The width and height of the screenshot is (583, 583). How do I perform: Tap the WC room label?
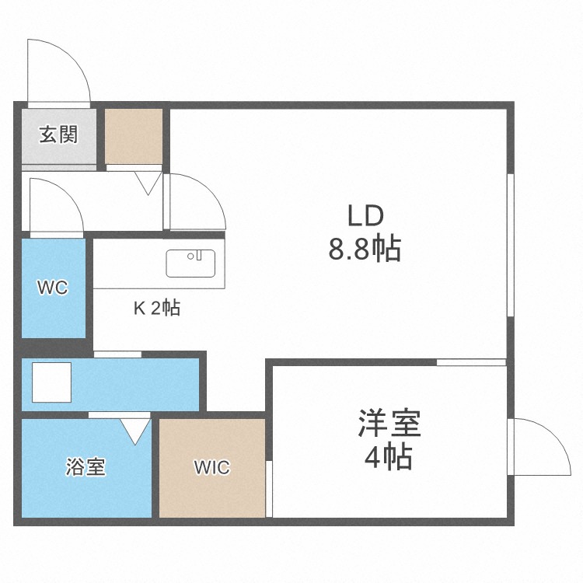pyautogui.click(x=53, y=288)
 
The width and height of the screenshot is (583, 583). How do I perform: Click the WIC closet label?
pyautogui.click(x=211, y=467)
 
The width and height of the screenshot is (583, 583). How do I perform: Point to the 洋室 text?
pyautogui.click(x=389, y=424)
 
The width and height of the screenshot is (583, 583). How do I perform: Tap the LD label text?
pyautogui.click(x=365, y=215)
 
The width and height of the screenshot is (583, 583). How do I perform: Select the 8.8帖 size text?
pyautogui.click(x=365, y=250)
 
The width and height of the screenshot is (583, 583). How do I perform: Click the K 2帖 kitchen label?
pyautogui.click(x=157, y=308)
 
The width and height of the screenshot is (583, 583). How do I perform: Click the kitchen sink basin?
pyautogui.click(x=186, y=264)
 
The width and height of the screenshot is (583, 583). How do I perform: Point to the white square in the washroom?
pyautogui.click(x=51, y=382)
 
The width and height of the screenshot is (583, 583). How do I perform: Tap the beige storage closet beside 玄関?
pyautogui.click(x=134, y=136)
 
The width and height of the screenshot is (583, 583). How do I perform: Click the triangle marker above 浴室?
pyautogui.click(x=136, y=430)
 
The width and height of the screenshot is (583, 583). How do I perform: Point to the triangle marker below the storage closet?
pyautogui.click(x=149, y=183)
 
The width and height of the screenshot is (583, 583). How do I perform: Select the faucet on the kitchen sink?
pyautogui.click(x=199, y=254)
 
